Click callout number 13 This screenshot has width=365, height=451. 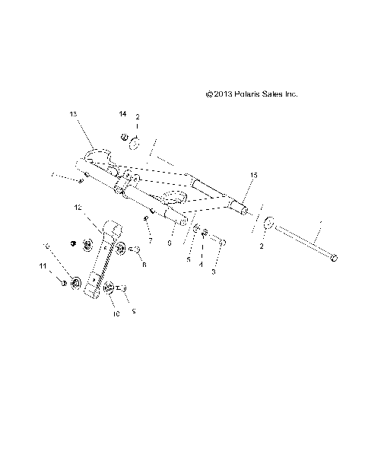(73, 114)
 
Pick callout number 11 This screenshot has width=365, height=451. (43, 266)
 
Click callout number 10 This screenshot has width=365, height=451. (116, 312)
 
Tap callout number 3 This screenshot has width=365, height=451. (214, 271)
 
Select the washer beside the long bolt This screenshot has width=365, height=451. (268, 224)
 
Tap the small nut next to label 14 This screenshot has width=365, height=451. (124, 138)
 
